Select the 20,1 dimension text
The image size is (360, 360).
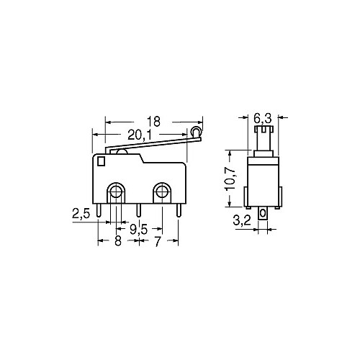(x=140, y=134)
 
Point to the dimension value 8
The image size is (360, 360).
(x=117, y=242)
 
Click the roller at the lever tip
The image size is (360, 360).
(x=196, y=132)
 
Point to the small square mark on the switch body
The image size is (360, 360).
(x=100, y=163)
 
